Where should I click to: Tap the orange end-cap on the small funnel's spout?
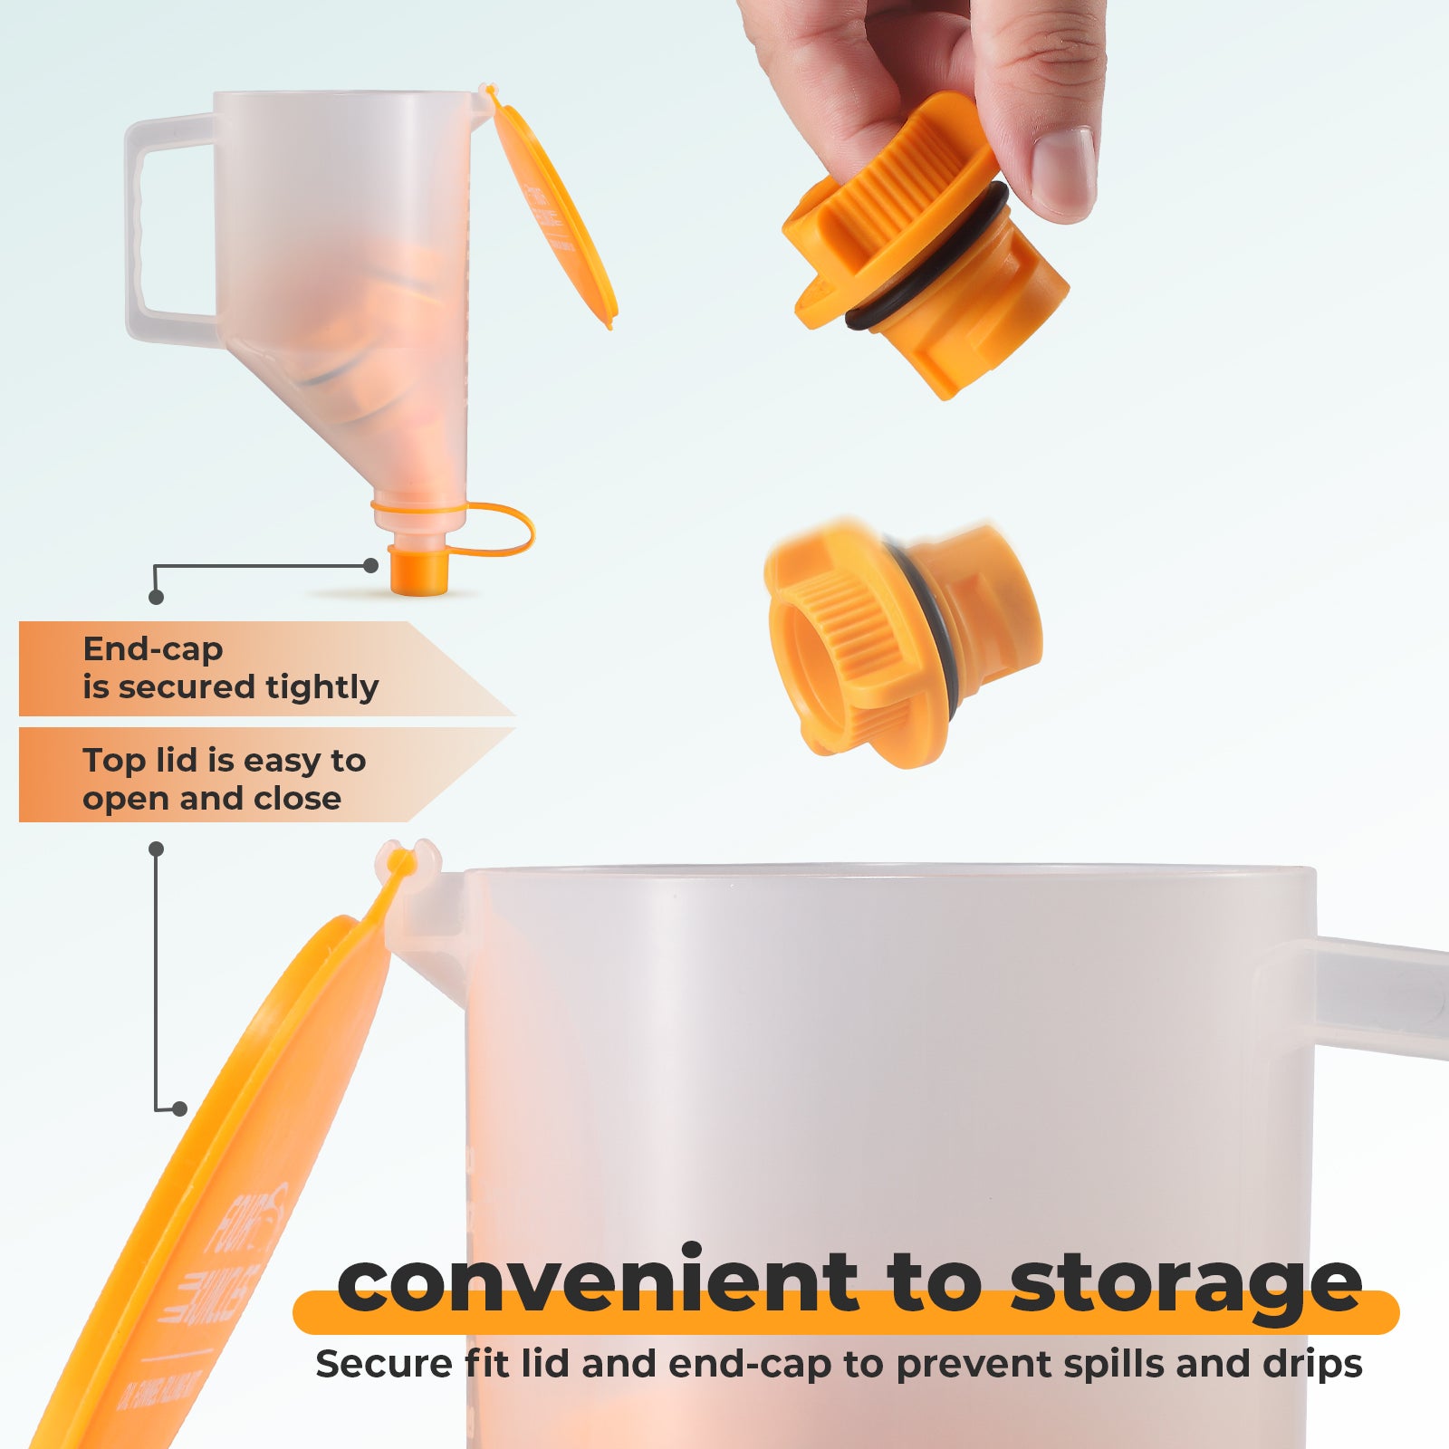click(419, 571)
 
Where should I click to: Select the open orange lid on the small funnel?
click(554, 213)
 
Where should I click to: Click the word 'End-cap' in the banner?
click(152, 649)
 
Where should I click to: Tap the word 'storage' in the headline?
click(1186, 1284)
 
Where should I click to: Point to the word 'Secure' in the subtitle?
click(384, 1364)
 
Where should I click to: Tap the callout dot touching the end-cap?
click(370, 565)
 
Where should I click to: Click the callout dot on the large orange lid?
click(179, 1108)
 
